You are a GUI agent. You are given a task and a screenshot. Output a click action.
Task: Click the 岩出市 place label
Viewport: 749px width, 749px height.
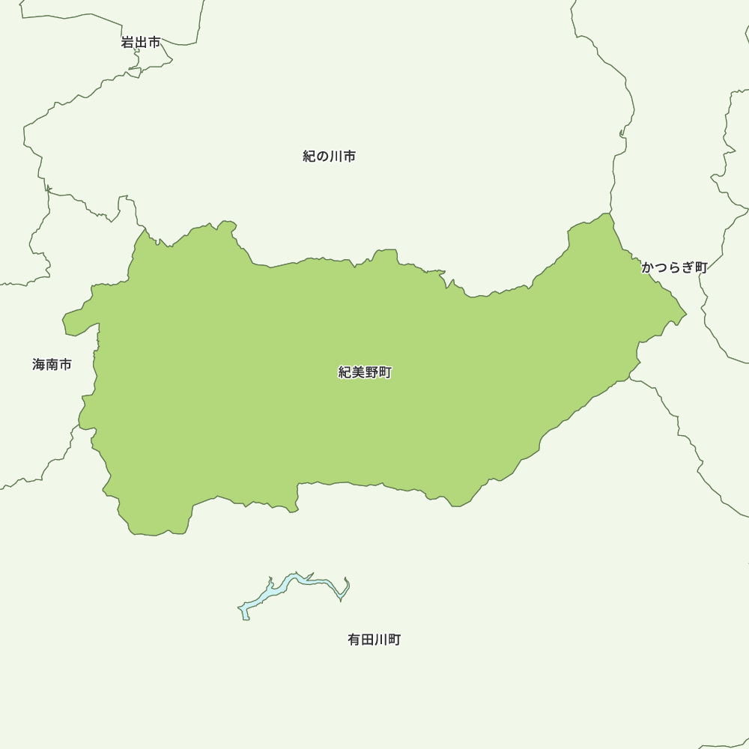[x=141, y=43]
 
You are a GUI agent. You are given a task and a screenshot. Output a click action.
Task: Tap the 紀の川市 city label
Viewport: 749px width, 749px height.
[x=329, y=157]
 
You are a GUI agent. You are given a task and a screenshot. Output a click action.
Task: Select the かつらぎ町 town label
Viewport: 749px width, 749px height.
[x=674, y=267]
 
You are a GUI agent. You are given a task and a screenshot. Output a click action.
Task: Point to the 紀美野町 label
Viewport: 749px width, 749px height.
[x=365, y=372]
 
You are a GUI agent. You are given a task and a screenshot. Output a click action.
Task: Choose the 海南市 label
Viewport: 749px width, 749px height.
[x=52, y=365]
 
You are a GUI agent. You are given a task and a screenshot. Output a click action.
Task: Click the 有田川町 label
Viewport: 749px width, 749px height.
[x=374, y=640]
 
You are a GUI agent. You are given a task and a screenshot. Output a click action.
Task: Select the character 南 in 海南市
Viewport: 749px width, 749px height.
[x=52, y=365]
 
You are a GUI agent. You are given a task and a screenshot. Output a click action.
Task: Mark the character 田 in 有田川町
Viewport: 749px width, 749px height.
[x=367, y=640]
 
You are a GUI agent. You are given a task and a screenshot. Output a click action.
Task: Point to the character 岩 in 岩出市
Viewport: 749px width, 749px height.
[x=127, y=43]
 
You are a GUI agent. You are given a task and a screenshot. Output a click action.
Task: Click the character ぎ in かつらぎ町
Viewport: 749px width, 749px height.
[x=688, y=267]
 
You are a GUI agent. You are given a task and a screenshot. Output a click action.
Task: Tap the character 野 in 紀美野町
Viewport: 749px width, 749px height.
[x=372, y=372]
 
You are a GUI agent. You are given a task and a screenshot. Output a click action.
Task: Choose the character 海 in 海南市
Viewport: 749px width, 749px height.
[x=39, y=365]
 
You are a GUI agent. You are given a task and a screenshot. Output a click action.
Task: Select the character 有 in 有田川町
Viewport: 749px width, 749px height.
[x=354, y=640]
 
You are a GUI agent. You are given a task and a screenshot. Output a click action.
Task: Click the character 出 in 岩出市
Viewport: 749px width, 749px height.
[x=141, y=43]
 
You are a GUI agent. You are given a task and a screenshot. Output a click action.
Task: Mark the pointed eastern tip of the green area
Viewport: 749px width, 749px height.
[x=686, y=314]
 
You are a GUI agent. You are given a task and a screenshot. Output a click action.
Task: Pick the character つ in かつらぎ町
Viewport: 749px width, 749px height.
[x=661, y=267]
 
